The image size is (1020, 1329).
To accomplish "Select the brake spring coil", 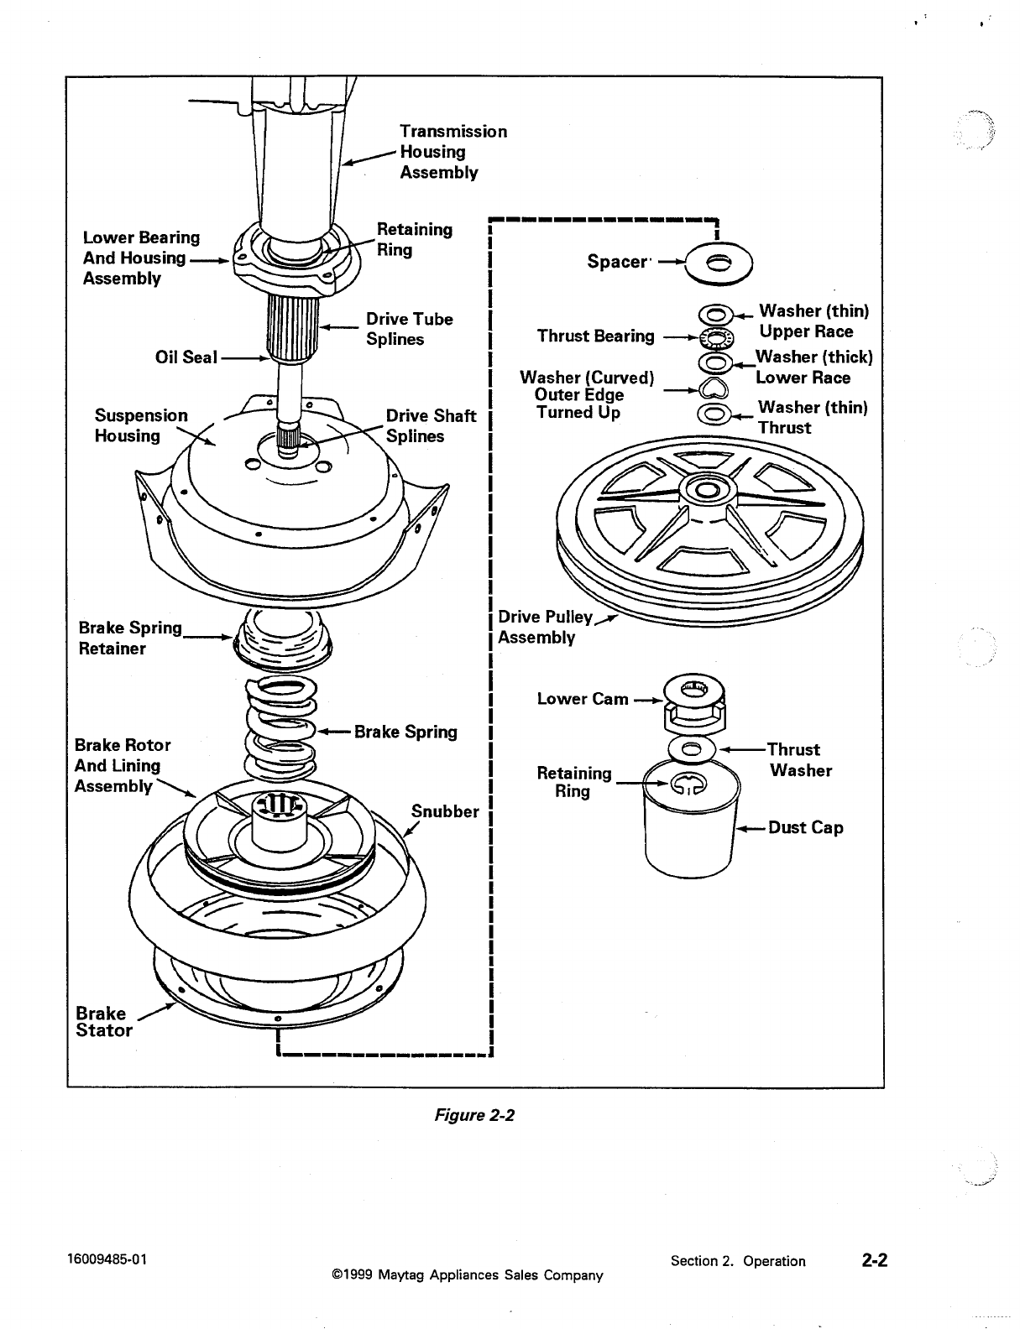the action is point(281,727).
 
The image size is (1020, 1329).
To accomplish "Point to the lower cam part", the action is point(694,703).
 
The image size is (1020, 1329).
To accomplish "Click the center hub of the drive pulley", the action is point(708,490).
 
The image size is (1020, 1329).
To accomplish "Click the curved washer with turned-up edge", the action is point(714,388).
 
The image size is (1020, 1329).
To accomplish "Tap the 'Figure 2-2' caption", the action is point(474,1115).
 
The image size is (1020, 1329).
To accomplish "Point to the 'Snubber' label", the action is point(445,811).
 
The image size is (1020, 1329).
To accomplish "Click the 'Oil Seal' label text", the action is point(186,357).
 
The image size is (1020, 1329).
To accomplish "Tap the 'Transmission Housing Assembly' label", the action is point(453,152).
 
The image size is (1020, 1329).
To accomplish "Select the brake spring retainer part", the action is point(283,639).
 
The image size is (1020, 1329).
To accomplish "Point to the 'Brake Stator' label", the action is point(103,1021).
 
